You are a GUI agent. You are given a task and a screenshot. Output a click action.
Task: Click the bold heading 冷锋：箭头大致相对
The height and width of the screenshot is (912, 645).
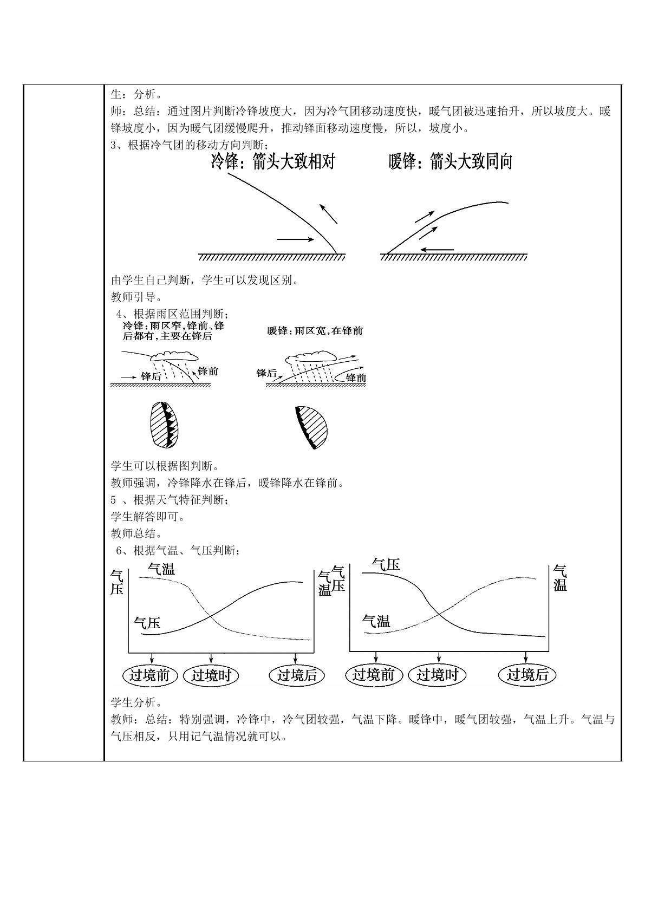(273, 161)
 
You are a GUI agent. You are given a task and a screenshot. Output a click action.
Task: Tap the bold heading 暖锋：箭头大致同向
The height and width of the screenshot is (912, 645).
(451, 161)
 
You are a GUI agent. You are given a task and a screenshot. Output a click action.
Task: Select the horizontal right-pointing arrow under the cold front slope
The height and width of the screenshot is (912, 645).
(295, 239)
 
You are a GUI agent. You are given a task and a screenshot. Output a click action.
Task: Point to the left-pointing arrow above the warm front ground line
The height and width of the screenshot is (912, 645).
(437, 249)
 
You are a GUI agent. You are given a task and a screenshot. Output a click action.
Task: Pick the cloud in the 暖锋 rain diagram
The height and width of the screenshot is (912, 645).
(311, 357)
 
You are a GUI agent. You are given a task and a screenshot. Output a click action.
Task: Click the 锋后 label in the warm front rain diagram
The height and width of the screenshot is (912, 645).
(266, 373)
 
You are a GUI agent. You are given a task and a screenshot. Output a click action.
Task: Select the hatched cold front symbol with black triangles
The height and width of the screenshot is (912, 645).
(164, 425)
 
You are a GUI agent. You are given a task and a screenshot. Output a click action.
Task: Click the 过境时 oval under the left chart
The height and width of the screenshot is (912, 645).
(211, 675)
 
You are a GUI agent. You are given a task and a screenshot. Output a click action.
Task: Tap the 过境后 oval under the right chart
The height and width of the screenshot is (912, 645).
(527, 675)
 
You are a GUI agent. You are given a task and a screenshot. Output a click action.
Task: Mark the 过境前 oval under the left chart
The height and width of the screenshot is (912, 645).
(150, 675)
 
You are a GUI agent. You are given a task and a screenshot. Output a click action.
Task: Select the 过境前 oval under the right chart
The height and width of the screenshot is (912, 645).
(374, 675)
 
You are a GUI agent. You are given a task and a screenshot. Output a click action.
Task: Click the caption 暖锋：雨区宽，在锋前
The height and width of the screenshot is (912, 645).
(315, 330)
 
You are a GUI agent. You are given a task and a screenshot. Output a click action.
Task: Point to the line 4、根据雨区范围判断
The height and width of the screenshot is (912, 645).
(172, 314)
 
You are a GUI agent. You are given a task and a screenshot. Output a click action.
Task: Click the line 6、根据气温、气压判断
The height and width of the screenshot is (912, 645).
(178, 551)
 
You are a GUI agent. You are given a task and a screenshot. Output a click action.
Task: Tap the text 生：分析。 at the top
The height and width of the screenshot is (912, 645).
(137, 94)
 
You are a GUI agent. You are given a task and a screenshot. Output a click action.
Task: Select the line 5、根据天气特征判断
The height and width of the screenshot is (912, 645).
(170, 500)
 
